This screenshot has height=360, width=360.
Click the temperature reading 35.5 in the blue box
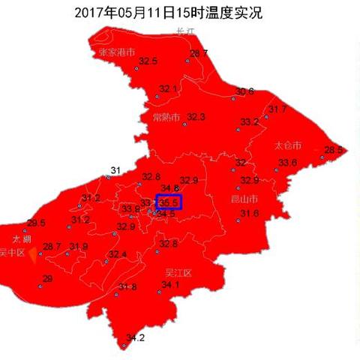tap(169, 202)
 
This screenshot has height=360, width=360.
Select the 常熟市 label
tap(167, 117)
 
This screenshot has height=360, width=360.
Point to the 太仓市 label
tap(288, 145)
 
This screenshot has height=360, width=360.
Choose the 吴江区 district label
tap(177, 273)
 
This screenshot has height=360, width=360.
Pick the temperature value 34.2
tap(135, 337)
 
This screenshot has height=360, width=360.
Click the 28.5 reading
tap(334, 149)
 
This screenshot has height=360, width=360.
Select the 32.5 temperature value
tap(148, 61)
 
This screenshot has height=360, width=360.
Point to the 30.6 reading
tap(245, 91)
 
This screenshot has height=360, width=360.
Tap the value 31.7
tap(277, 109)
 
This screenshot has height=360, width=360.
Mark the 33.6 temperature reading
tap(288, 163)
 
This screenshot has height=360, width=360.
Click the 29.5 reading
tap(36, 223)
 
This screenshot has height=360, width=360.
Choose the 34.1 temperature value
tap(171, 285)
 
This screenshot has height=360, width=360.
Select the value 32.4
tap(118, 254)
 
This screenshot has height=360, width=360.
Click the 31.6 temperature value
tap(249, 214)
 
